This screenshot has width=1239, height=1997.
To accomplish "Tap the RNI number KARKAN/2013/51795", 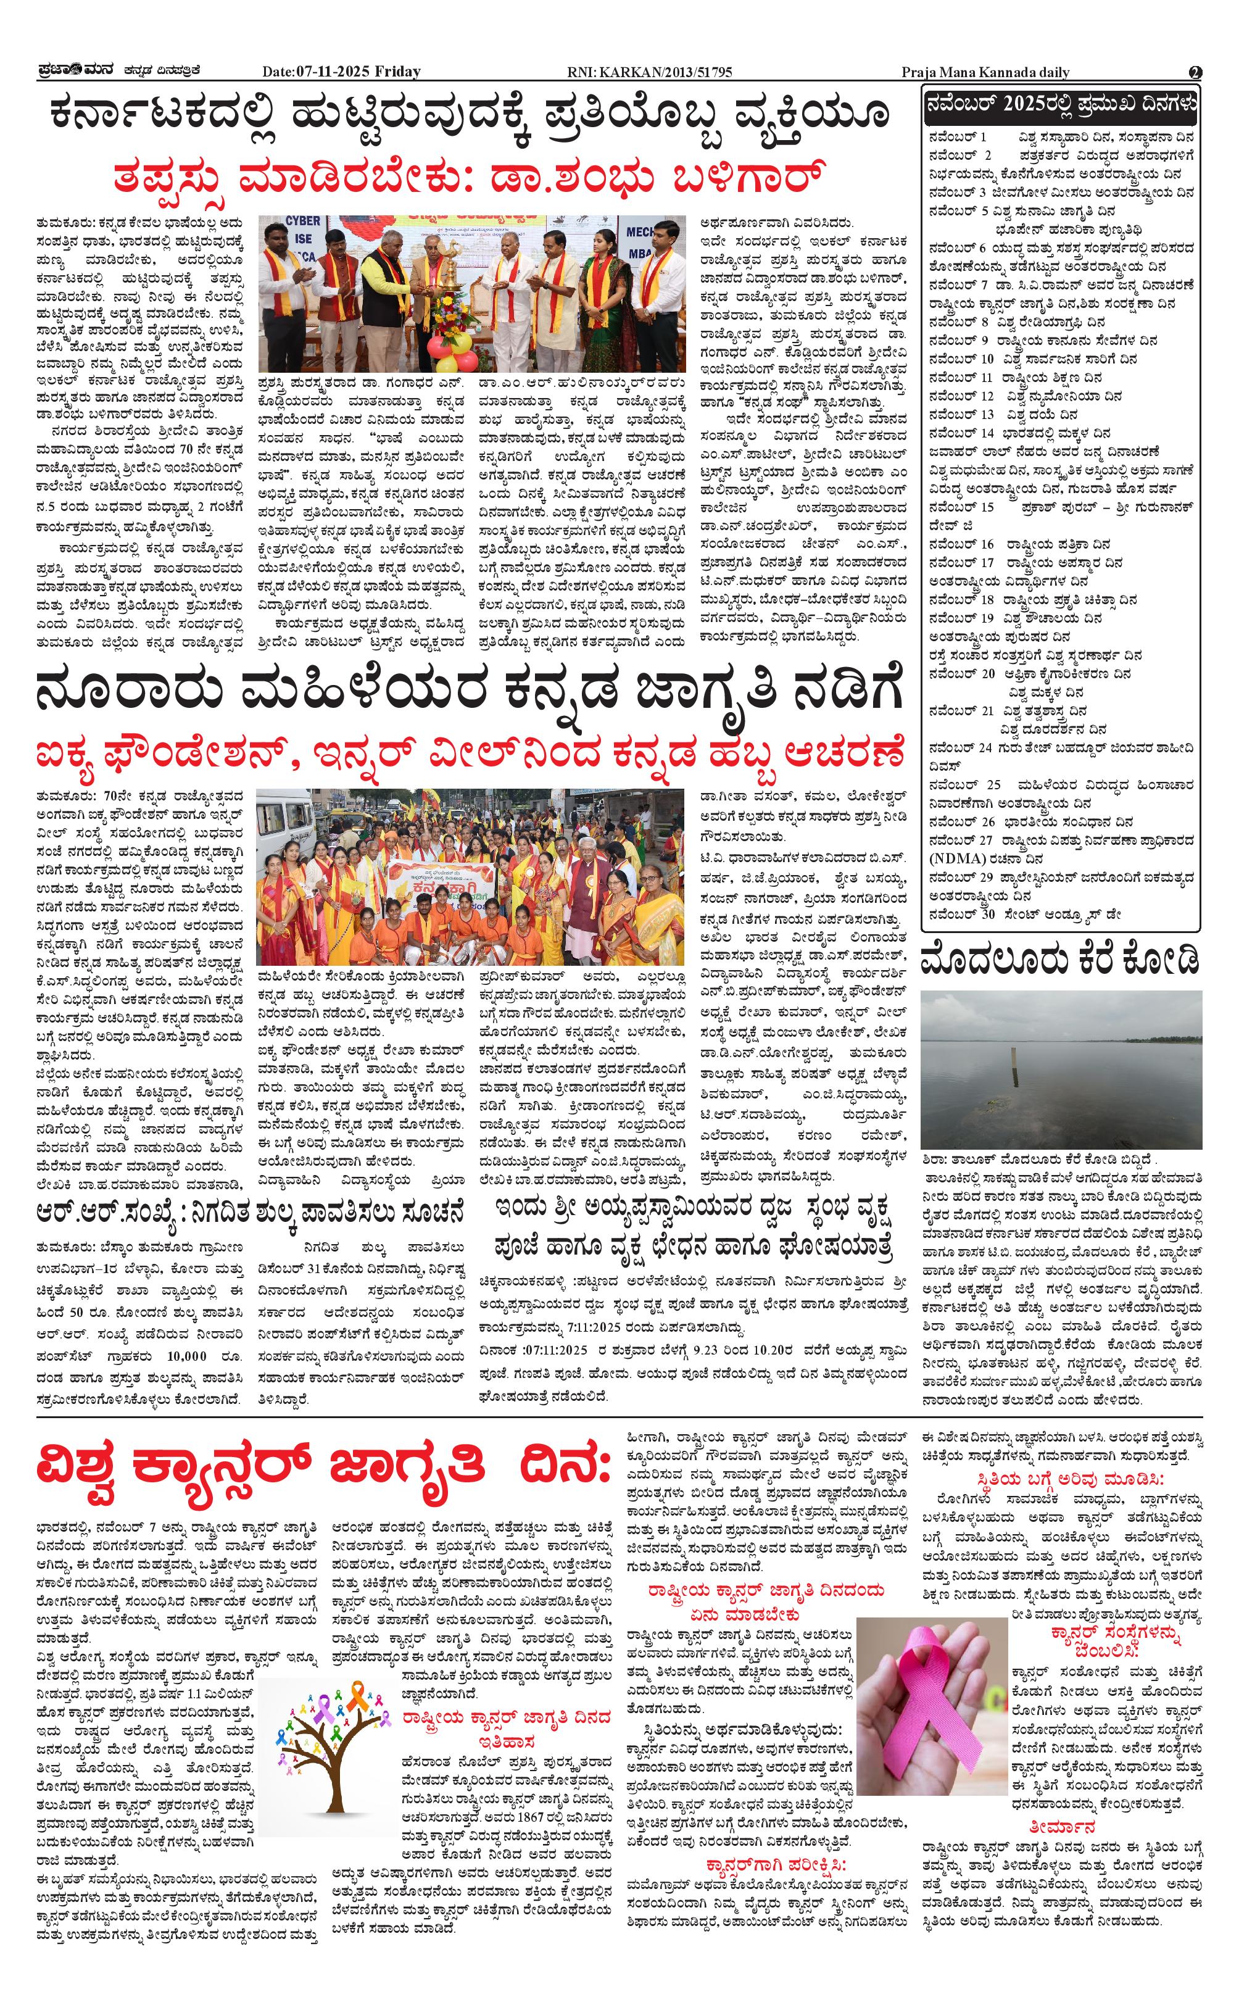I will [649, 72].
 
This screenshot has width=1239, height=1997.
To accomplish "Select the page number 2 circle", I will [1195, 72].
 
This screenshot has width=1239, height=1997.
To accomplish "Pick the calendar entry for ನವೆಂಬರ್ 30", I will [1024, 914].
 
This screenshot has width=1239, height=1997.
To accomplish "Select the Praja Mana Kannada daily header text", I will [985, 72].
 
